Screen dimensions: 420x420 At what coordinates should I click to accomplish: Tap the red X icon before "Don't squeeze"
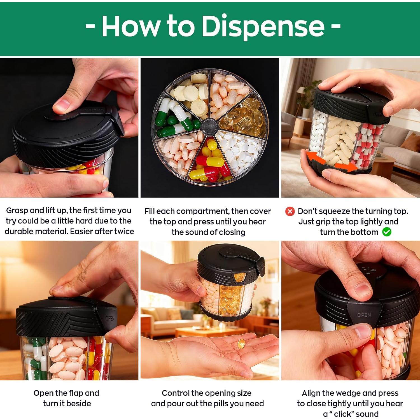coord(290,211)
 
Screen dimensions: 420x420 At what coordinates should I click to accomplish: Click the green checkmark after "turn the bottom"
coord(387,232)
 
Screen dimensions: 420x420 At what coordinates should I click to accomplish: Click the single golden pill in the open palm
coord(241,343)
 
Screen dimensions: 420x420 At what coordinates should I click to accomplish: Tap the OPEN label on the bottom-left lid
coord(110,318)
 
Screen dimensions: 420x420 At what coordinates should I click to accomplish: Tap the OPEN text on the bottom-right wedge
coord(364,315)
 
